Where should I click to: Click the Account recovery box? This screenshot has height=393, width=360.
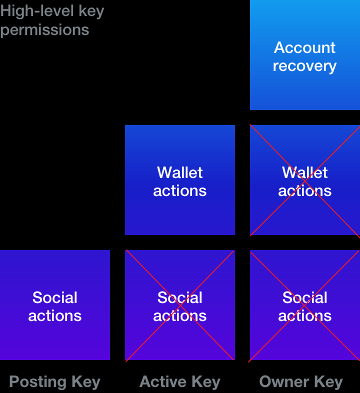point(305,55)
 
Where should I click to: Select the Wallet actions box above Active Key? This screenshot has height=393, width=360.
point(180,180)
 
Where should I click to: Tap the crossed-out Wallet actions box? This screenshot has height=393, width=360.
point(305,180)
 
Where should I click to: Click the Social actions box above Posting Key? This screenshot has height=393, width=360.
point(55,305)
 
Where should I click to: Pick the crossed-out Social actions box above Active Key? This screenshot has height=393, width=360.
point(180,305)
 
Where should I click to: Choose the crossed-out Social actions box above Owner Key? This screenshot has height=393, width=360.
point(305,305)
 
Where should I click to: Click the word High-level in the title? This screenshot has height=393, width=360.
point(37,11)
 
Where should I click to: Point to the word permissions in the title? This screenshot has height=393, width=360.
point(44,30)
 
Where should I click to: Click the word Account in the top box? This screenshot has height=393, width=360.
point(304,47)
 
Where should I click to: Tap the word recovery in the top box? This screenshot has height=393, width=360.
point(304,66)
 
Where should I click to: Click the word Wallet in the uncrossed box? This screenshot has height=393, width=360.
point(179,172)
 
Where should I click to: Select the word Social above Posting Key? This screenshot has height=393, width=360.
point(54,297)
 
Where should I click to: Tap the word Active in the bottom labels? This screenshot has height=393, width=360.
point(162,382)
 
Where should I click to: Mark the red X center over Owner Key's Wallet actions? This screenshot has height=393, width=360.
point(305,180)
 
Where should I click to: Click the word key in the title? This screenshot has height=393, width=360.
point(91,12)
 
